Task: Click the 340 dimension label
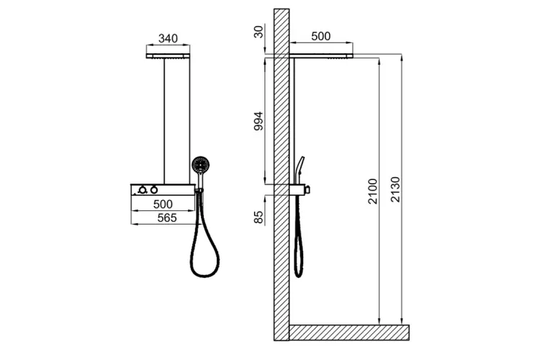pos(168,38)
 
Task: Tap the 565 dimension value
pos(167,218)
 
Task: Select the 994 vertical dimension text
pos(258,121)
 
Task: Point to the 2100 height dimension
pos(373,192)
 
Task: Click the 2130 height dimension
pos(396,189)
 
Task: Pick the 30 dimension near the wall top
pos(258,32)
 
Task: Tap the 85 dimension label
pos(258,217)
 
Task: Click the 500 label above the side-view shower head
pos(320,36)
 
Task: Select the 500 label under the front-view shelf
pos(163,204)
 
